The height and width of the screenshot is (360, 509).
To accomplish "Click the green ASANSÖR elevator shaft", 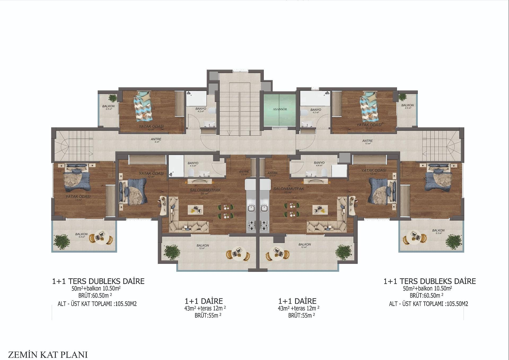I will [x=279, y=109].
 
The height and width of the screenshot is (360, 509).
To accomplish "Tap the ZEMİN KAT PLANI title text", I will [x=48, y=355].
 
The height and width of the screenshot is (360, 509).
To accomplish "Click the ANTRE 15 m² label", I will [x=367, y=142].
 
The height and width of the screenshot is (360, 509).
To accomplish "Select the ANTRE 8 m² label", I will [x=156, y=140].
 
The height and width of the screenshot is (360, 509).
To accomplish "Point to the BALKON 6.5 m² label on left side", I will [x=81, y=235].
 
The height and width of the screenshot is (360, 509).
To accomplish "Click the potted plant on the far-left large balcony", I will [x=62, y=241].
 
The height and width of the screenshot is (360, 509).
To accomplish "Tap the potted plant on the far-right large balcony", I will [x=453, y=241].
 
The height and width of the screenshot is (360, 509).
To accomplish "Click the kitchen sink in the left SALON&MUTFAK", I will [x=251, y=208].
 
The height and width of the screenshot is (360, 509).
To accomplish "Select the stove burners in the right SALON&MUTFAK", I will [x=264, y=226].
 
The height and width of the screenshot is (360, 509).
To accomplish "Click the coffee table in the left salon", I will [x=196, y=210].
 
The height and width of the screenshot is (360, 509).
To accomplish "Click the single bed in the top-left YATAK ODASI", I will [x=143, y=105].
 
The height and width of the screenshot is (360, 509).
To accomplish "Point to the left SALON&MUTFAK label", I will [x=205, y=190].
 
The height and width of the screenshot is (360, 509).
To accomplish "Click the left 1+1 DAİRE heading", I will [x=204, y=301].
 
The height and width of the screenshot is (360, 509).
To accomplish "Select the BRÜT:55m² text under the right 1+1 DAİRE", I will [x=301, y=315].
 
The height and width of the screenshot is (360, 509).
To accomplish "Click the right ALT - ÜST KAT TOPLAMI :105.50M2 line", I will [x=428, y=304].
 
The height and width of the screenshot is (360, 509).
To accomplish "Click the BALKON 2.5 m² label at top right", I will [x=408, y=106].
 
